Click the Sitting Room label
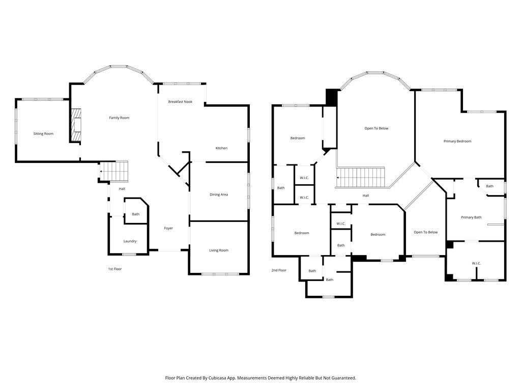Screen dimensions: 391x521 click(x=43, y=134)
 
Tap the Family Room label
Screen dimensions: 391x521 click(x=119, y=118)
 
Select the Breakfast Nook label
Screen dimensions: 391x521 click(x=180, y=102)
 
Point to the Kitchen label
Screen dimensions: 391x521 click(x=221, y=148)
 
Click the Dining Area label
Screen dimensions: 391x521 click(x=219, y=194)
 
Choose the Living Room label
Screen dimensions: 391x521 click(x=219, y=250)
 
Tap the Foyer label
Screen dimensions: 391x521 click(x=168, y=228)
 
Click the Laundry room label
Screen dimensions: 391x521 click(x=130, y=241)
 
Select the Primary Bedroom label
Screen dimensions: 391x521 click(x=457, y=142)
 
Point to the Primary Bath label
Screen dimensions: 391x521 click(x=471, y=217)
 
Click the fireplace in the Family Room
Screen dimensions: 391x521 click(x=76, y=125)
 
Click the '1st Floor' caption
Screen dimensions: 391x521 click(x=114, y=269)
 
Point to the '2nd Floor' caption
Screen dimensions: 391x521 click(x=279, y=270)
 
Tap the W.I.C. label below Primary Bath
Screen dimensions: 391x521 click(x=476, y=263)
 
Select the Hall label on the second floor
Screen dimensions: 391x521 click(x=365, y=195)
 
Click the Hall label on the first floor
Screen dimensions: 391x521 click(x=122, y=189)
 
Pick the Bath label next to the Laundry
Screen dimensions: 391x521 click(x=135, y=214)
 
